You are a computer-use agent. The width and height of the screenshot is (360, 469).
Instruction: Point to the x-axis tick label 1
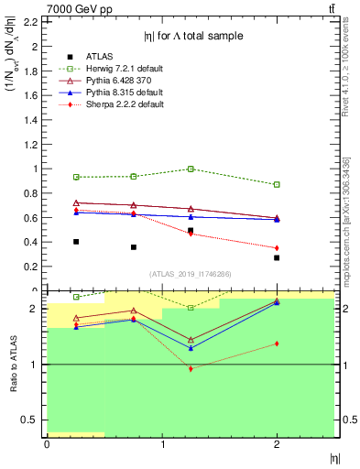click(x=162, y=444)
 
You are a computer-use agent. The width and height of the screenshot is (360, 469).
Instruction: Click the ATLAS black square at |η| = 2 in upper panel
click(x=277, y=258)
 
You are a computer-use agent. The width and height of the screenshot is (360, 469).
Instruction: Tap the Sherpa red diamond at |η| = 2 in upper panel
click(x=277, y=248)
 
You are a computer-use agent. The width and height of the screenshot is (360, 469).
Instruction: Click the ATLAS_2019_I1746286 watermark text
click(x=190, y=274)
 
